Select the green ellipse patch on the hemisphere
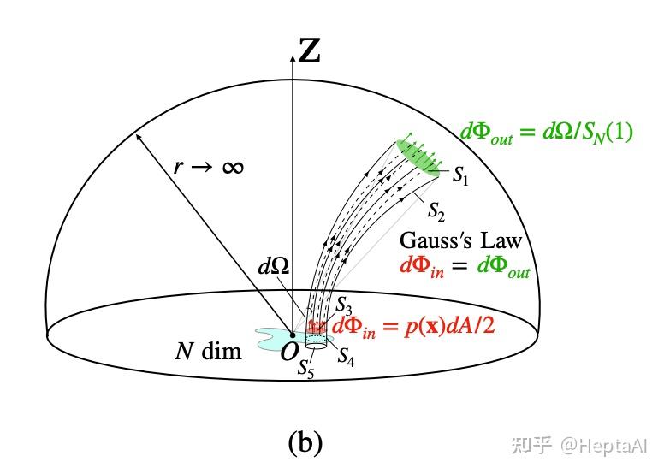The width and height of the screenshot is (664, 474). pyautogui.click(x=420, y=157)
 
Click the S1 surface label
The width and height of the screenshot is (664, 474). pyautogui.click(x=461, y=178)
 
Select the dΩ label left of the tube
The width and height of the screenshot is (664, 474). pyautogui.click(x=275, y=266)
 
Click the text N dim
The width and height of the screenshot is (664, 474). pyautogui.click(x=209, y=350)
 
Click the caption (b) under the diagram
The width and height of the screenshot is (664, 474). pyautogui.click(x=305, y=441)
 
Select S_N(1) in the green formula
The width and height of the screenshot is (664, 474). pyautogui.click(x=604, y=133)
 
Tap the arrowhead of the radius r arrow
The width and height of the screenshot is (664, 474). pyautogui.click(x=136, y=135)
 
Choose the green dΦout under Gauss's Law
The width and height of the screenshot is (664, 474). pyautogui.click(x=504, y=267)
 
